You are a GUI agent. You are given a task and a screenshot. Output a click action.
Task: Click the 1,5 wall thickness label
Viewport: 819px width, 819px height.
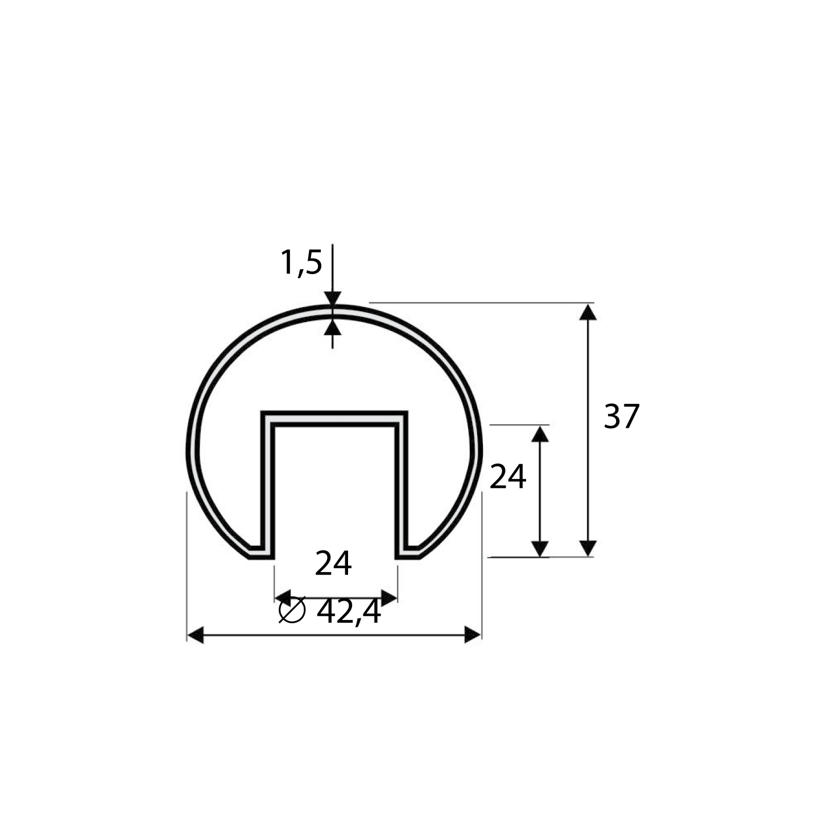click(x=301, y=263)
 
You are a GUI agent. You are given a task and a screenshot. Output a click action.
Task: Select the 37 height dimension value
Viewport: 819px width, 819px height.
click(x=622, y=416)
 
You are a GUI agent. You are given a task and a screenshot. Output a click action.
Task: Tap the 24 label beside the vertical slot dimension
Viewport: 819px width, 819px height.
click(x=508, y=477)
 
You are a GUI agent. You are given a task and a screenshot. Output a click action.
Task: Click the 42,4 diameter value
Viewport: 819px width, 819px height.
click(x=349, y=612)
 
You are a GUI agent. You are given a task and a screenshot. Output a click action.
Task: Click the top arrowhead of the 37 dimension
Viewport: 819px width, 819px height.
click(x=588, y=312)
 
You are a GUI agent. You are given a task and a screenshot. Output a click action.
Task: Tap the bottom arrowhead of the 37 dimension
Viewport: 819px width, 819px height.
click(x=588, y=548)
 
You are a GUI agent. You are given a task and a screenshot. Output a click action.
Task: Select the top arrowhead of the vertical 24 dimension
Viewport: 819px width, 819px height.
click(x=540, y=434)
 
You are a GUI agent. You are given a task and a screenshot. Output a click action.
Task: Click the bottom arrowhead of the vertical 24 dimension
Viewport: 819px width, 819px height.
click(x=540, y=549)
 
